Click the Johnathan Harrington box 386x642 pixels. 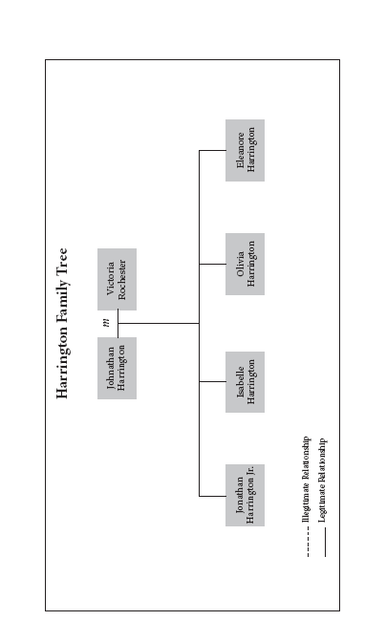coord(118,368)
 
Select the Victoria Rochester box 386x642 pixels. coord(118,279)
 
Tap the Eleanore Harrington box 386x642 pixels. coord(245,150)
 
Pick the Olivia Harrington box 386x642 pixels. coord(245,264)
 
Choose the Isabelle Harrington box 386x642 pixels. coord(245,382)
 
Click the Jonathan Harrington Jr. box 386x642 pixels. coord(245,496)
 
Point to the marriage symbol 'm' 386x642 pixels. coord(107,324)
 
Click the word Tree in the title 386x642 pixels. coord(62,263)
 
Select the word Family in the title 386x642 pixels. coord(62,303)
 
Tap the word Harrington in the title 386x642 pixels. coord(62,363)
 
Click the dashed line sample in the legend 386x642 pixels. coord(309,542)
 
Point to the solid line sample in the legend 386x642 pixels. coord(326,542)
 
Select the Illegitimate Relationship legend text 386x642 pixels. coord(306,480)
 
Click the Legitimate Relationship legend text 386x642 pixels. coord(323,481)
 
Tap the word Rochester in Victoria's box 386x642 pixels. coord(122,280)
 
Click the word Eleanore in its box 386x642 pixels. coord(240,150)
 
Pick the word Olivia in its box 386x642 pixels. coord(240,264)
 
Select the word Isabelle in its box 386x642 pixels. coord(240,382)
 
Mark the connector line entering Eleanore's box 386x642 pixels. coord(212,150)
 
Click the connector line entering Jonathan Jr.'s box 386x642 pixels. coord(212,496)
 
